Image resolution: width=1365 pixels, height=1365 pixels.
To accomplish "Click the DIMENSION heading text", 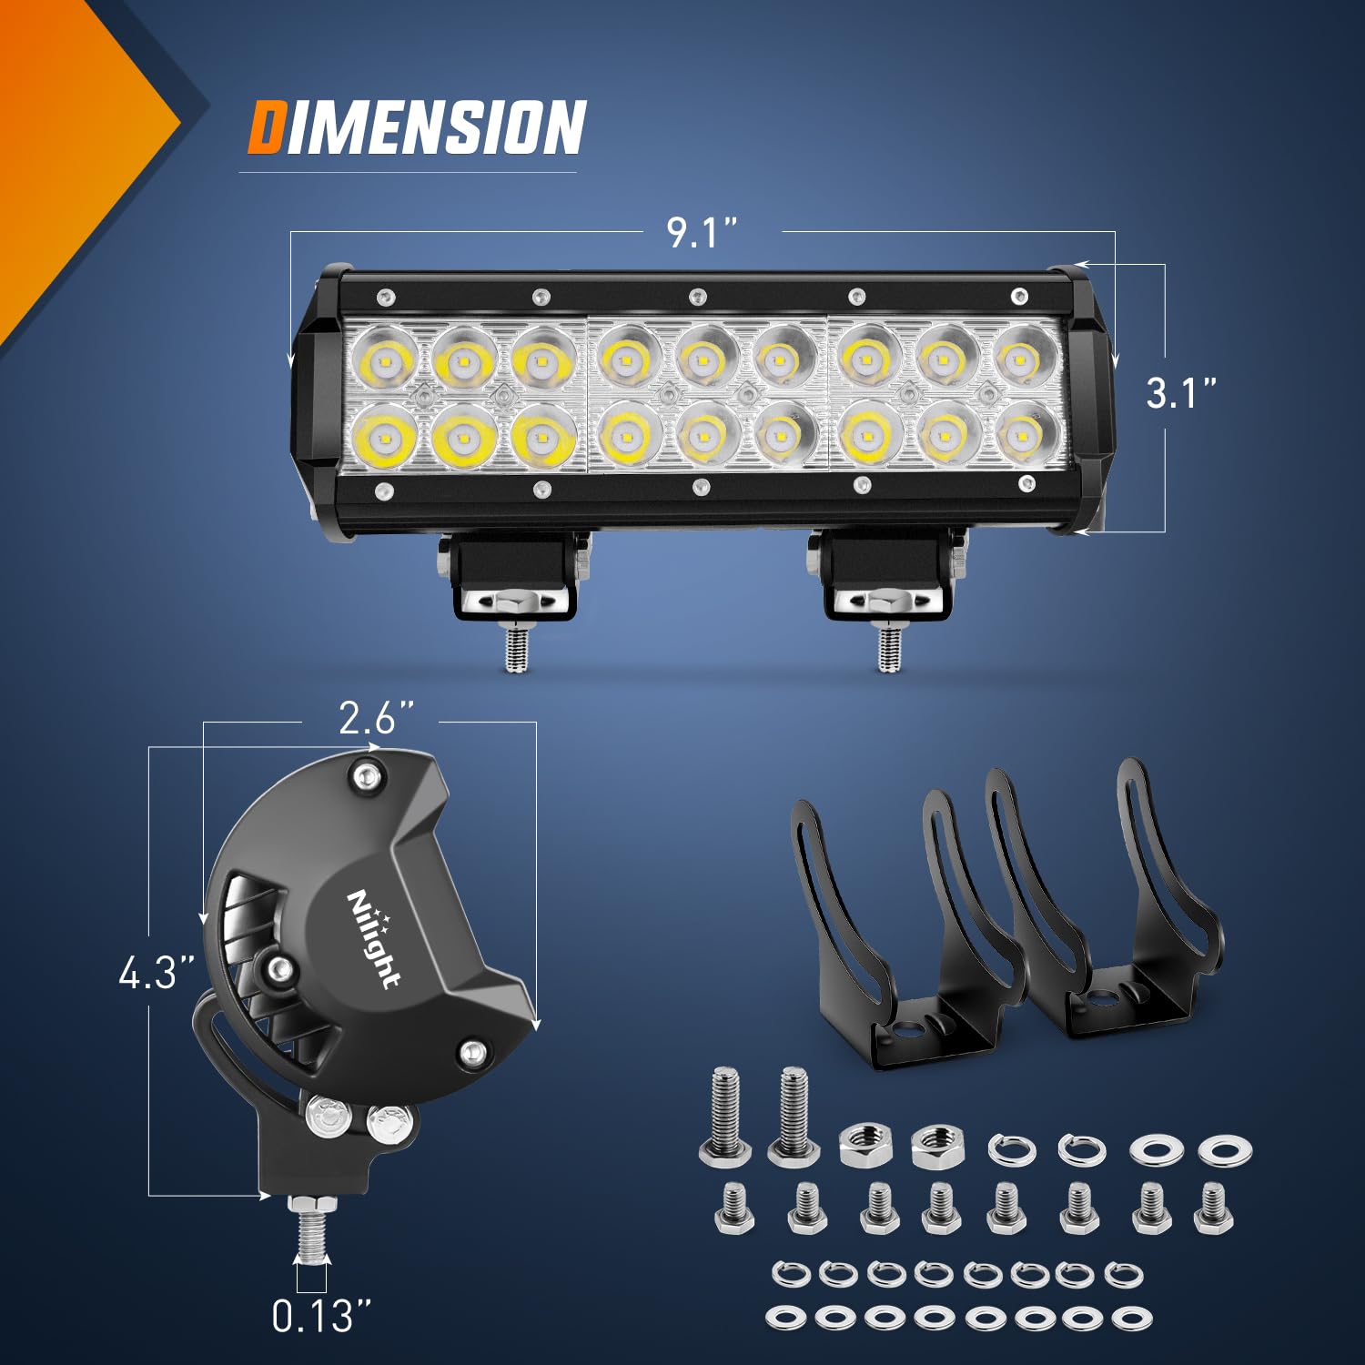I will [x=417, y=127].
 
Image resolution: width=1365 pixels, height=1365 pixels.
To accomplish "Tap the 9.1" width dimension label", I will [x=701, y=233].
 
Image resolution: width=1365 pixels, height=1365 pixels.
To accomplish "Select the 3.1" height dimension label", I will [x=1180, y=393].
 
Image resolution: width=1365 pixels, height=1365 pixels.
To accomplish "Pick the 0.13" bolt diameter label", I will [x=321, y=1316].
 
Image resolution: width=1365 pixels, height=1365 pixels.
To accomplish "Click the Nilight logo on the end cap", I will [x=374, y=937].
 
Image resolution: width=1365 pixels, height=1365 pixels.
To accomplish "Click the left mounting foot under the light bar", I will [x=514, y=578].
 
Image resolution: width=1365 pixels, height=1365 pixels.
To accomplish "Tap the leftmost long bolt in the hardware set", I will [x=724, y=1117].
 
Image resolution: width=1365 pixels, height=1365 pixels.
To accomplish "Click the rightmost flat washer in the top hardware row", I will [x=1225, y=1150].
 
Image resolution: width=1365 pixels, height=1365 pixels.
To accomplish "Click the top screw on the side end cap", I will [x=367, y=775].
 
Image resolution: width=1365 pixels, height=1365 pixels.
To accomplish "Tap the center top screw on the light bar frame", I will [x=698, y=297].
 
